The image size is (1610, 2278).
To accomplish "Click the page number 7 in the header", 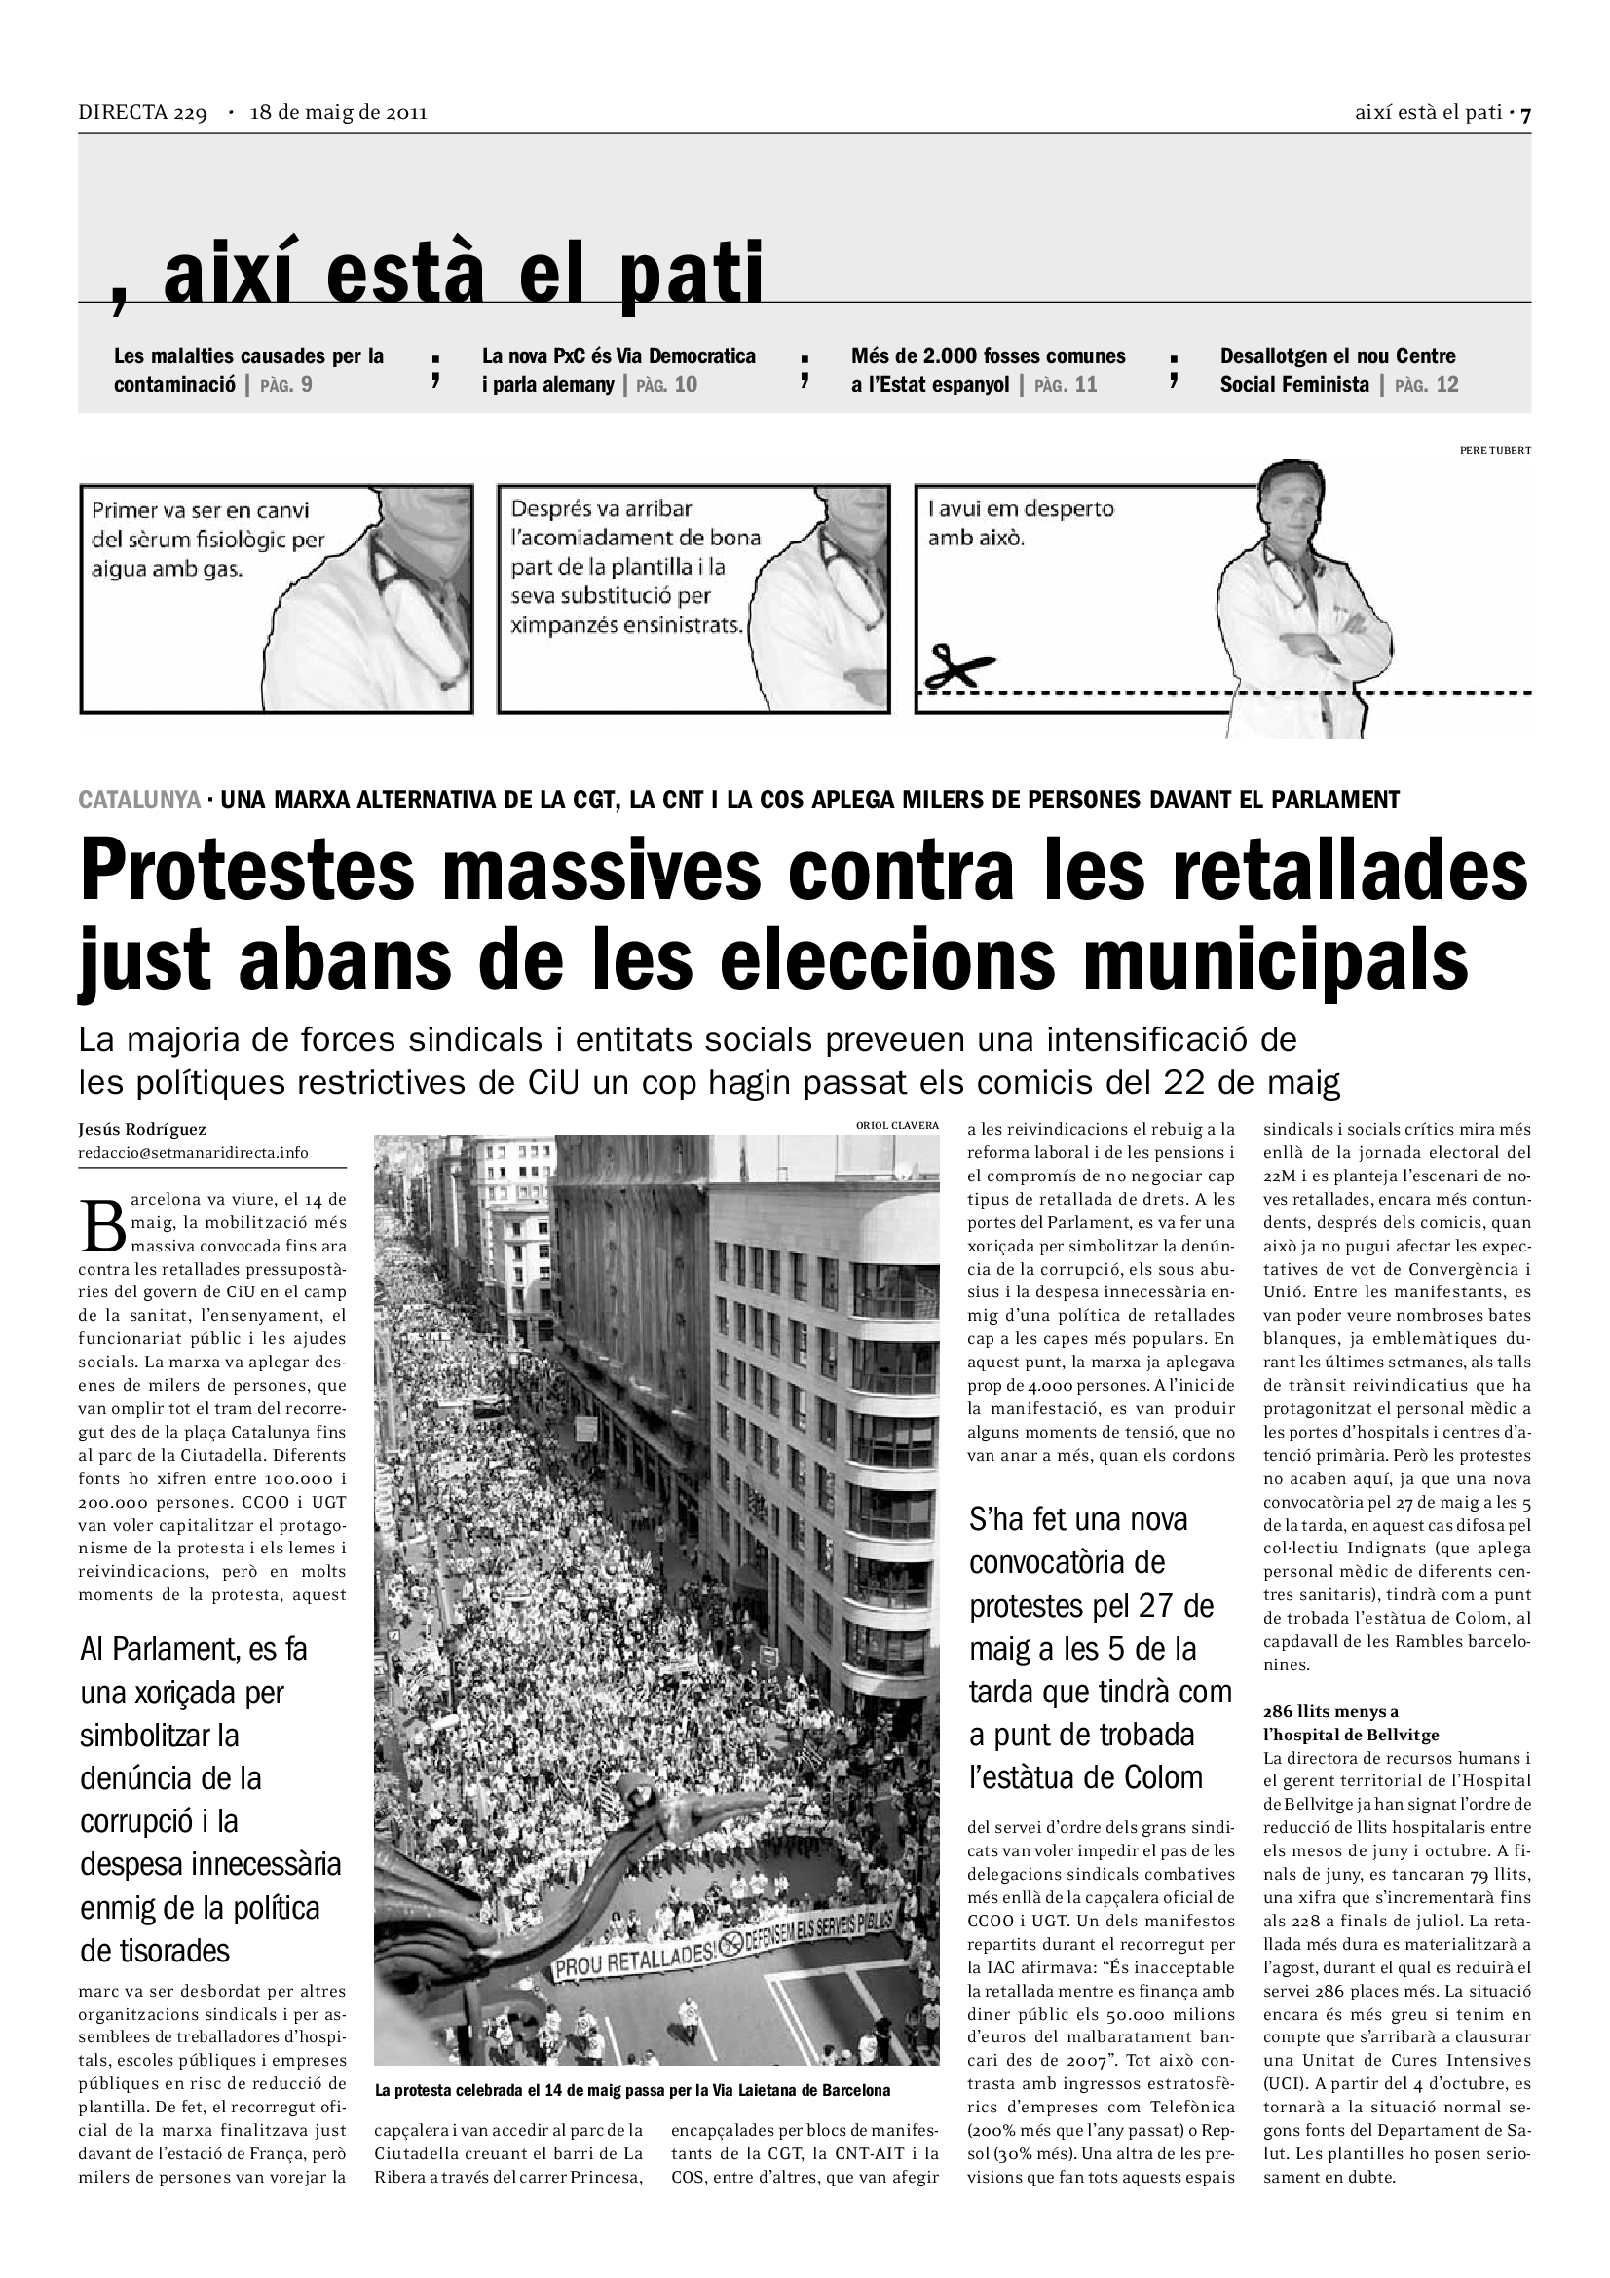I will (x=1525, y=114).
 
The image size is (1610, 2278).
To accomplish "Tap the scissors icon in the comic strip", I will (x=958, y=666).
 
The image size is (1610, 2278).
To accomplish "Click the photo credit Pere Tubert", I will (x=1495, y=451).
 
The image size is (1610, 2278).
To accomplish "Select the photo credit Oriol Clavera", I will (x=897, y=1125).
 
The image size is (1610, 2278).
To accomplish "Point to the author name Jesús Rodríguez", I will (x=143, y=1129).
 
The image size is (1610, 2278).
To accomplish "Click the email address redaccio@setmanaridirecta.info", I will (x=194, y=1153).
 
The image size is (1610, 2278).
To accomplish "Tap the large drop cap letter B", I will (x=102, y=1226).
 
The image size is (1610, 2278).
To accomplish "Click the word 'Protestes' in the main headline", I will (x=247, y=871).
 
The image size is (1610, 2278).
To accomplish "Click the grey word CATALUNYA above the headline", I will (x=139, y=799).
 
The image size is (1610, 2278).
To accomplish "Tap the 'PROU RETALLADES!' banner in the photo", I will (x=635, y=1959).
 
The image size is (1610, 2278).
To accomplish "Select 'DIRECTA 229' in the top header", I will (x=142, y=113).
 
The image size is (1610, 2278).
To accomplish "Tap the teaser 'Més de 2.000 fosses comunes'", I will (x=988, y=356).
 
